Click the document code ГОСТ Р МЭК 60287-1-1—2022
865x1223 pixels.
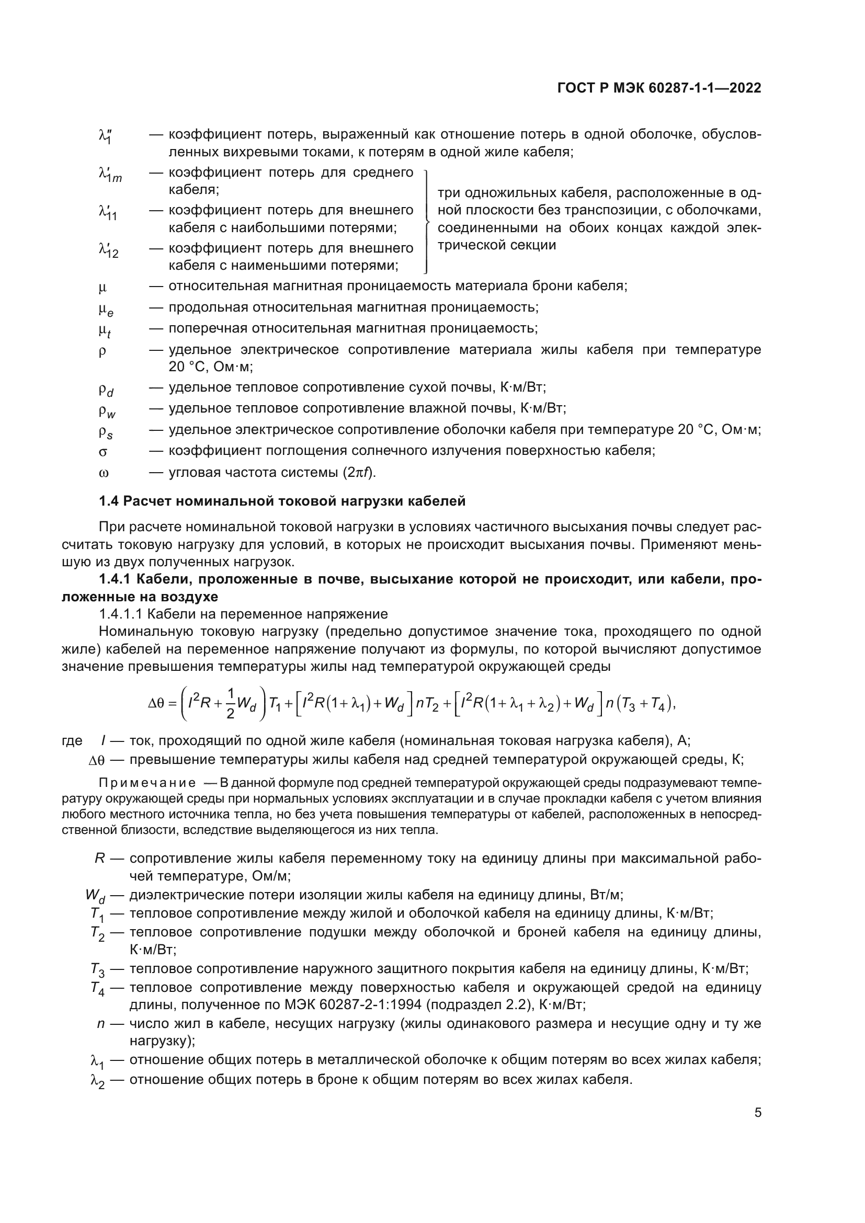pyautogui.click(x=659, y=88)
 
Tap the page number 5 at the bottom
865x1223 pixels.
pyautogui.click(x=758, y=1112)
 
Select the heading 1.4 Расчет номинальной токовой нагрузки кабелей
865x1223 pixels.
pyautogui.click(x=282, y=501)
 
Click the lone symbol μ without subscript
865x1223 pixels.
pyautogui.click(x=103, y=288)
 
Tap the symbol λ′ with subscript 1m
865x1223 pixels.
pyautogui.click(x=110, y=174)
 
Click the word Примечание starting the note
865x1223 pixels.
pyautogui.click(x=147, y=783)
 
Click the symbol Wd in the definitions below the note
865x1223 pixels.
pyautogui.click(x=95, y=895)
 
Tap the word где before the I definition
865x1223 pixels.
pyautogui.click(x=73, y=740)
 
